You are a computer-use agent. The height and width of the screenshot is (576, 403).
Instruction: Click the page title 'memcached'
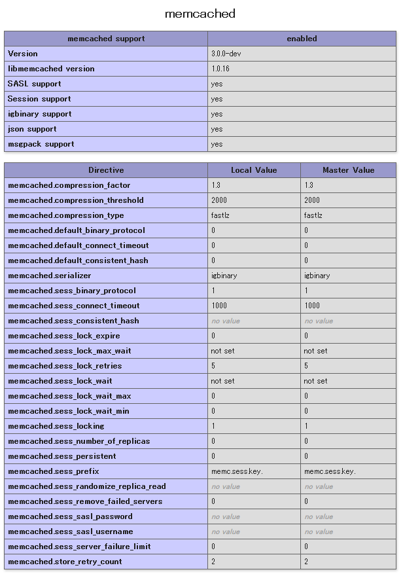[200, 14]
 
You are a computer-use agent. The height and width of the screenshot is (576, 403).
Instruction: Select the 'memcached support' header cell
[106, 39]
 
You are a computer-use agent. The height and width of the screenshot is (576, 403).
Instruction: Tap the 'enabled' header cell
[302, 39]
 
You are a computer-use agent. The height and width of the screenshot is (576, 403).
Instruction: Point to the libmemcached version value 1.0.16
[220, 69]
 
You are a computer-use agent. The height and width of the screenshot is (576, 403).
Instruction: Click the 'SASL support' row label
[34, 84]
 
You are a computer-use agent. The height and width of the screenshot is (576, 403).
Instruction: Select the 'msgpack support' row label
[41, 144]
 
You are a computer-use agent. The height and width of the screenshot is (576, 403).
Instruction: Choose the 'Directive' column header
[106, 170]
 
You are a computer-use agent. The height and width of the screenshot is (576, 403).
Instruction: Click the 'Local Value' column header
[254, 170]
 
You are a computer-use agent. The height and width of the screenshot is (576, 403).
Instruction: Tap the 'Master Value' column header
[348, 170]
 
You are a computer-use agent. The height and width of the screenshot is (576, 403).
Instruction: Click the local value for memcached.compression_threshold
[219, 200]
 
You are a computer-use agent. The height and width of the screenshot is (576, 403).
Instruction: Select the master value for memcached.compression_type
[313, 215]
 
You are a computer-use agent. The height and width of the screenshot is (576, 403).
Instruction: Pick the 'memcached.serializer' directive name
[49, 276]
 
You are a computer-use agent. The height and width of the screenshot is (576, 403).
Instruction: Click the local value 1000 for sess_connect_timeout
[219, 306]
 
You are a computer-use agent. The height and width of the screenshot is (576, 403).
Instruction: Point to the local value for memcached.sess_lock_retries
[213, 366]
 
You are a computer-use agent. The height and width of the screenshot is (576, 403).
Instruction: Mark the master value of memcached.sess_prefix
[330, 471]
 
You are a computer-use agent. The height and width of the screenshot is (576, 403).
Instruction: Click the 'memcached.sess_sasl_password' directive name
[70, 516]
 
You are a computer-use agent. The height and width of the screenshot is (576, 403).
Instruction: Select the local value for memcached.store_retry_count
[213, 562]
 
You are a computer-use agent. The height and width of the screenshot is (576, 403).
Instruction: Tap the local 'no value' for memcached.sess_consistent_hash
[225, 321]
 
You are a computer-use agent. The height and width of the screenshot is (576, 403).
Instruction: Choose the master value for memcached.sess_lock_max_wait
[315, 351]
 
